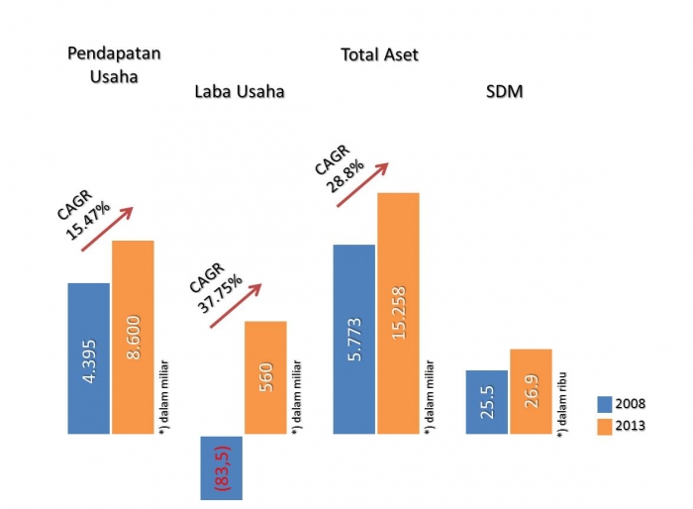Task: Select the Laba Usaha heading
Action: (x=240, y=92)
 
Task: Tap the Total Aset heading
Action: (x=379, y=54)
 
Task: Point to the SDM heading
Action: (x=506, y=92)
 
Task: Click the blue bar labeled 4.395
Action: (x=88, y=358)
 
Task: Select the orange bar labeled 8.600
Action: (x=133, y=337)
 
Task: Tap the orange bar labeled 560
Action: (x=265, y=377)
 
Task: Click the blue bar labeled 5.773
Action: (x=354, y=339)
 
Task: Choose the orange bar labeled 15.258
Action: (x=398, y=313)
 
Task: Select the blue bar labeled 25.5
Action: (x=486, y=402)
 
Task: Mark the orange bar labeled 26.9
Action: (x=531, y=391)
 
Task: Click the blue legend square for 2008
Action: (x=605, y=404)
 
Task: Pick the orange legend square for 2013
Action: (x=605, y=427)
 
